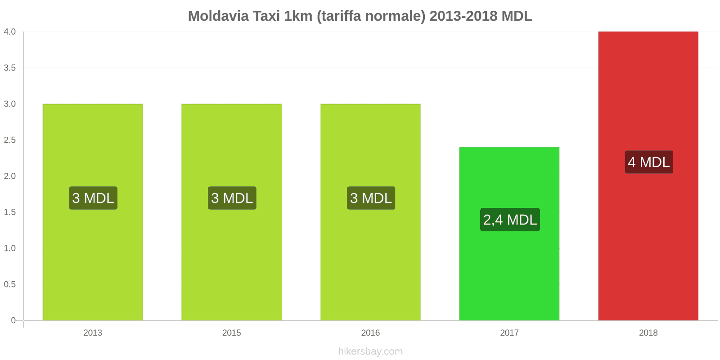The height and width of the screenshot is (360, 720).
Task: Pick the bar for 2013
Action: pyautogui.click(x=93, y=261)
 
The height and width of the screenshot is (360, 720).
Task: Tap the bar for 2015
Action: pyautogui.click(x=231, y=261)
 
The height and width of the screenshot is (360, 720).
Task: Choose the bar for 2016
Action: pyautogui.click(x=370, y=261)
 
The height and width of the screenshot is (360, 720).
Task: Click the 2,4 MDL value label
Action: pyautogui.click(x=510, y=220)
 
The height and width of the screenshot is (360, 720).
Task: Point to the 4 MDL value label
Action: pyautogui.click(x=648, y=162)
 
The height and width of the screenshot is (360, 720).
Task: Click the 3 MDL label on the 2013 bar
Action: pyautogui.click(x=93, y=198)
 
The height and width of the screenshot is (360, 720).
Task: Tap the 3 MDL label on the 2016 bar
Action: pyautogui.click(x=371, y=198)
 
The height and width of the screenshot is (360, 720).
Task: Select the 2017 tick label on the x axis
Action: pyautogui.click(x=509, y=333)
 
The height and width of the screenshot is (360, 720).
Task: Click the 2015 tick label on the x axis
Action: pyautogui.click(x=231, y=333)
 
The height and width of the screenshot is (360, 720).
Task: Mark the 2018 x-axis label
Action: pyautogui.click(x=648, y=333)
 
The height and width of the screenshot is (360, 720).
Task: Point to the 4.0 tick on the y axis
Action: pyautogui.click(x=9, y=31)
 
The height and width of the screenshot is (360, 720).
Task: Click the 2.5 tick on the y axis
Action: pyautogui.click(x=9, y=140)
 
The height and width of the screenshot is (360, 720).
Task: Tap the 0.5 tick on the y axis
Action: pyautogui.click(x=9, y=284)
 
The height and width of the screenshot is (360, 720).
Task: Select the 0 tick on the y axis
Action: pyautogui.click(x=13, y=320)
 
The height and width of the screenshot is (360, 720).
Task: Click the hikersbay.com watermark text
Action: pyautogui.click(x=370, y=351)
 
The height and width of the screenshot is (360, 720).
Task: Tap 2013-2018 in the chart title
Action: pyautogui.click(x=463, y=16)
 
